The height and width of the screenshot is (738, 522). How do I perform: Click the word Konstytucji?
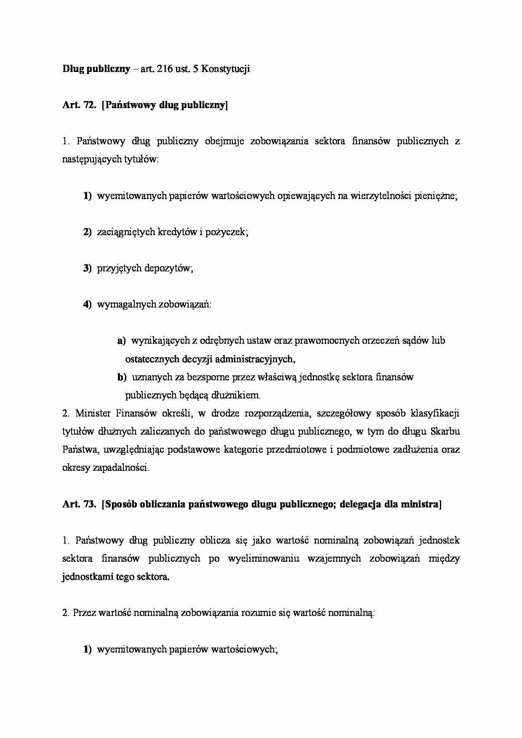pos(226,69)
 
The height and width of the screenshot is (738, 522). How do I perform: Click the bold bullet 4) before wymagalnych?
pos(87,305)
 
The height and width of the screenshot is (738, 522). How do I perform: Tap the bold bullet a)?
pos(121,341)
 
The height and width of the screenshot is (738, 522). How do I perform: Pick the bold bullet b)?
pos(122,377)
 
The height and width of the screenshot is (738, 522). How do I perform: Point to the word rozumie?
pos(258,613)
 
